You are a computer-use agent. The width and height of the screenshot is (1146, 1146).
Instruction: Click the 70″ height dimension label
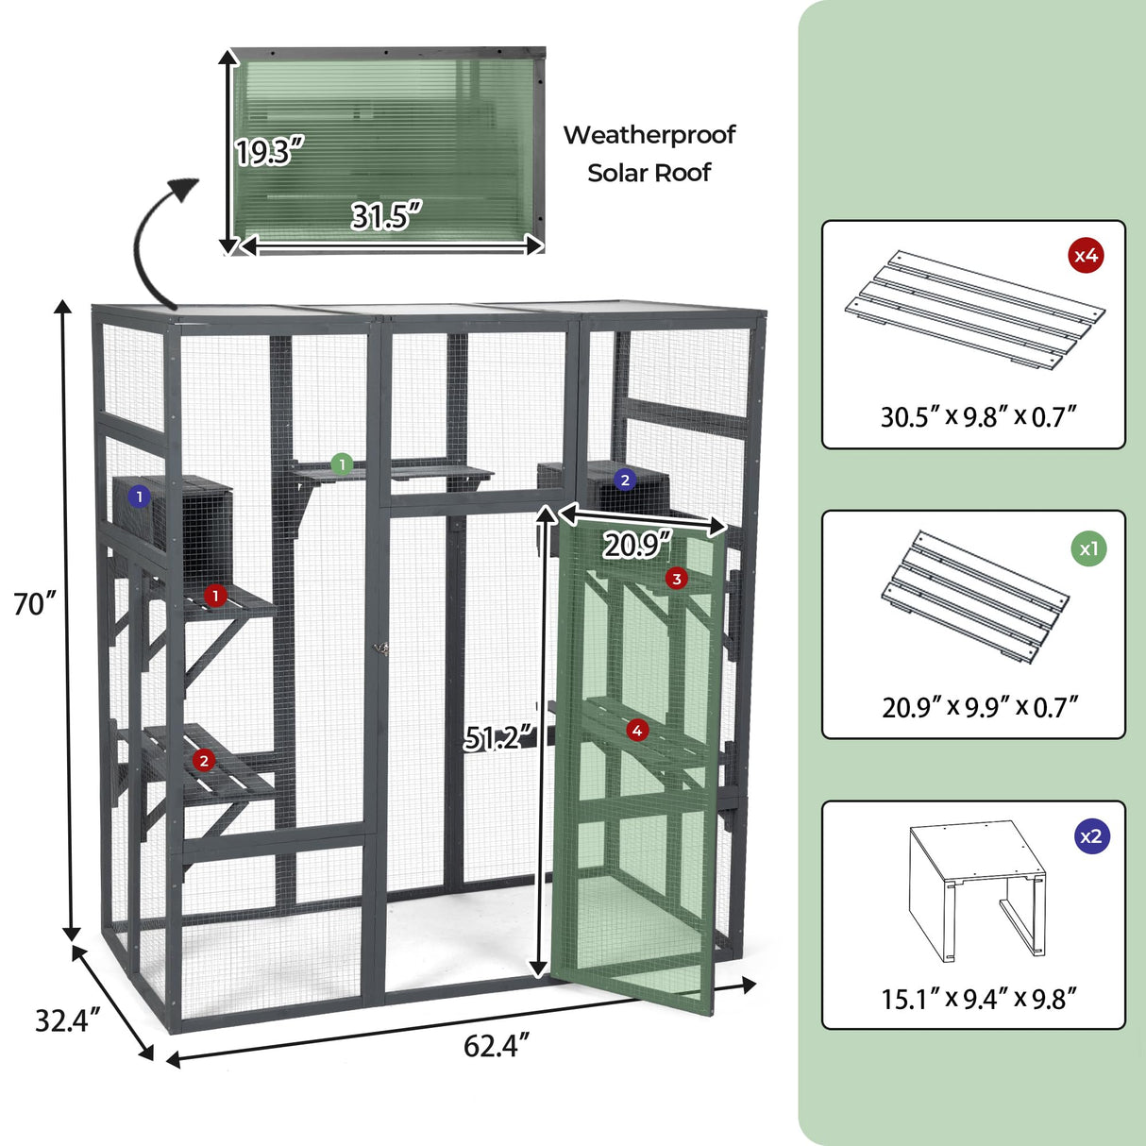36,604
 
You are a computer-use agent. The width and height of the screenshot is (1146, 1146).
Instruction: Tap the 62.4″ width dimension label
497,1046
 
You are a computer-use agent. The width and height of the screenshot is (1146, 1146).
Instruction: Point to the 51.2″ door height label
499,738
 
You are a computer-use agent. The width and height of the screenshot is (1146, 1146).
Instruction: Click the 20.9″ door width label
637,545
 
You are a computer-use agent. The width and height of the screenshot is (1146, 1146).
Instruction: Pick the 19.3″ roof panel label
270,151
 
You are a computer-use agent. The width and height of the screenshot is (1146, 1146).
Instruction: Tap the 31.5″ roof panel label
386,216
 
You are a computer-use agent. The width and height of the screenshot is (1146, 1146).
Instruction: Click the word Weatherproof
649,135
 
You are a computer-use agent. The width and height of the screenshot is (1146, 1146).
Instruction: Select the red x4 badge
1087,255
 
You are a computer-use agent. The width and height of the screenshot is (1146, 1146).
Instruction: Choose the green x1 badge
1088,548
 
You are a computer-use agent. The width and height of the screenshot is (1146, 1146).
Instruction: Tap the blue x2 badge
1090,836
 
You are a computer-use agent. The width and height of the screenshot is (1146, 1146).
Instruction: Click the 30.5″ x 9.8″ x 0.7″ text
979,416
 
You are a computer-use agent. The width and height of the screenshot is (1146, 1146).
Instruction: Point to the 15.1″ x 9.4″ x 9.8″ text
979,999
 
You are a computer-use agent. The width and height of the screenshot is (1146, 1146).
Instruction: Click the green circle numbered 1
342,464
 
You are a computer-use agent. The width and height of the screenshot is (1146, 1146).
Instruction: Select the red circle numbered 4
637,730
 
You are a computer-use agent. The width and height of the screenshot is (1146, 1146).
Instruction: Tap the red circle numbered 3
676,579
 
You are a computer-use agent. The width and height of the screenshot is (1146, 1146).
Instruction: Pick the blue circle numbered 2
624,480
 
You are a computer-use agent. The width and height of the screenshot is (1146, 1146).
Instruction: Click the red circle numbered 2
204,760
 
